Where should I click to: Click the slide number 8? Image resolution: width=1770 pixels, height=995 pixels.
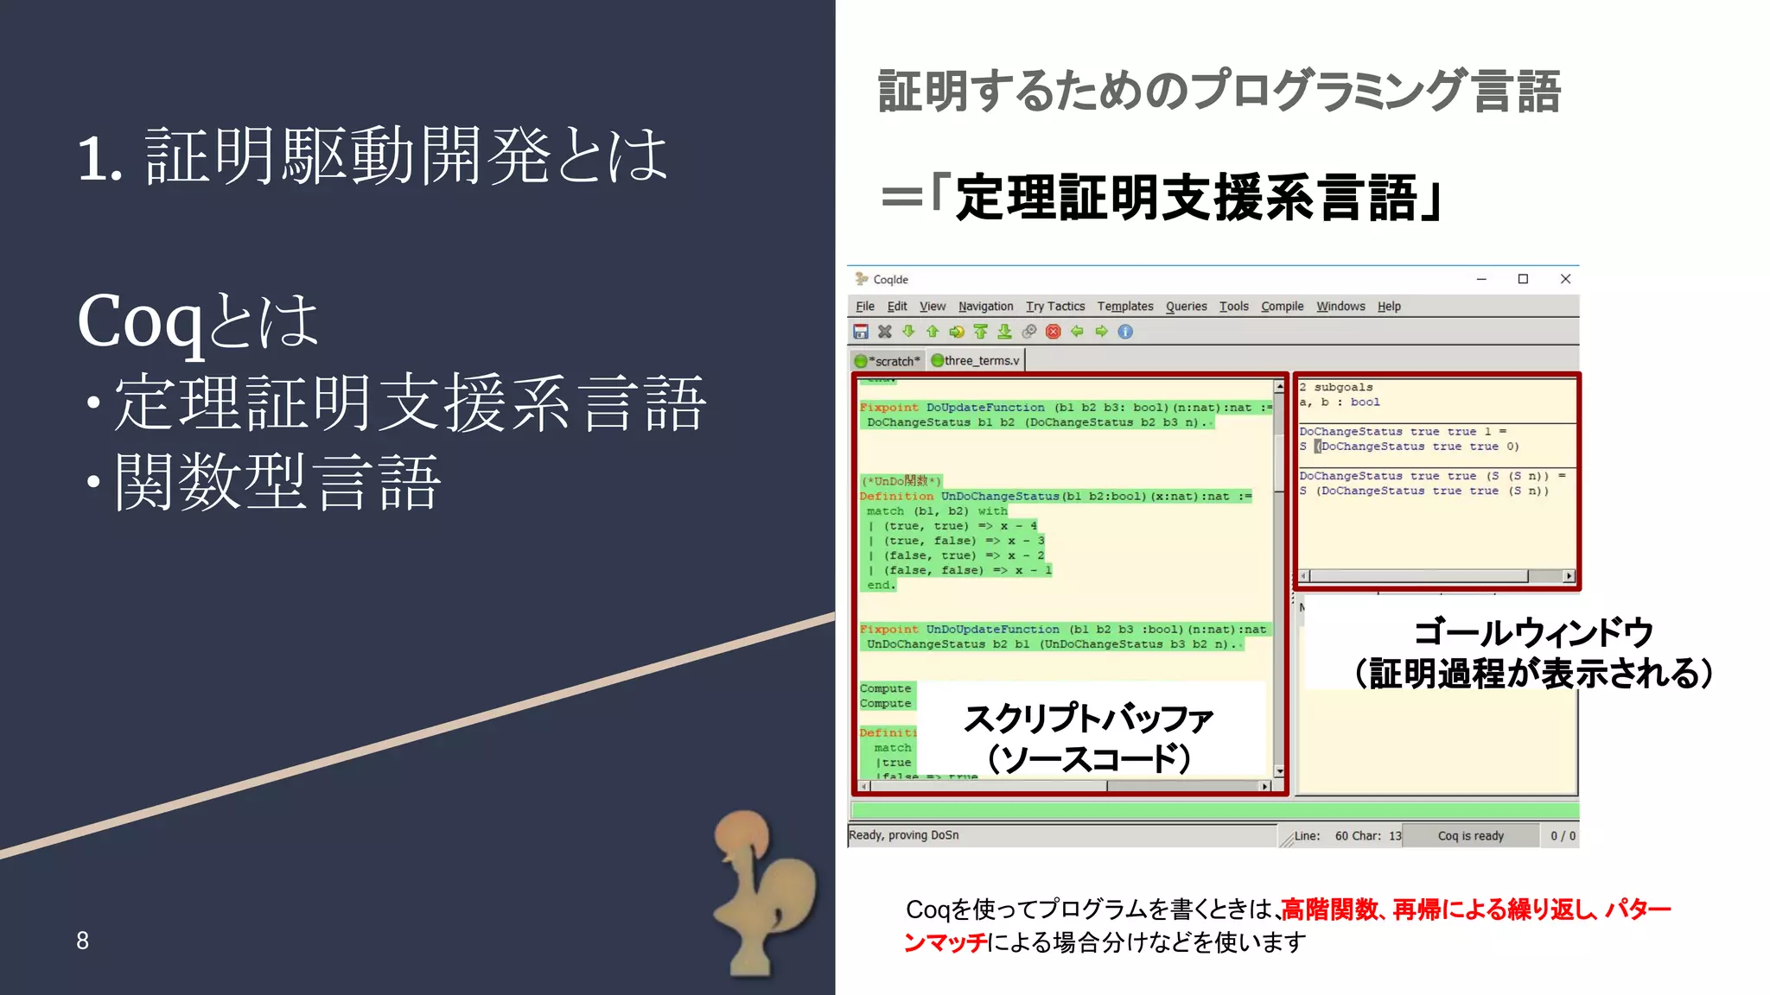coord(82,941)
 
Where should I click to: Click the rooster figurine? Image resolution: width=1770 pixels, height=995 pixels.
coord(761,890)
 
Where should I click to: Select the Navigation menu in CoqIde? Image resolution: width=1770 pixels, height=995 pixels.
coord(985,307)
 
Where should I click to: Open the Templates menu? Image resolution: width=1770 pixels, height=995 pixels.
coord(1124,307)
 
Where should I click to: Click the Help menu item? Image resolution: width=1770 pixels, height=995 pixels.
coord(1388,307)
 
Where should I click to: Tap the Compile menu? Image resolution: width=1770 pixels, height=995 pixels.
coord(1282,307)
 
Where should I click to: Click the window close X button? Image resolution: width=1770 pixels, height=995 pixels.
coord(1565,279)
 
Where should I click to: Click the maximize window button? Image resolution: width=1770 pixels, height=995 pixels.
coord(1523,279)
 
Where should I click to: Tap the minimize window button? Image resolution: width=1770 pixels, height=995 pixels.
coord(1481,279)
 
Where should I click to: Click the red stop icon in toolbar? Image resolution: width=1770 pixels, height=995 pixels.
coord(1053,332)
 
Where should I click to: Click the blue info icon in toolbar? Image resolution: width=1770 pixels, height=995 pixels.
coord(1125,332)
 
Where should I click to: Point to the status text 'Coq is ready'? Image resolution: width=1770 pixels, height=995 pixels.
coord(1470,836)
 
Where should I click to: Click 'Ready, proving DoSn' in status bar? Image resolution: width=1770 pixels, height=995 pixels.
coord(903,835)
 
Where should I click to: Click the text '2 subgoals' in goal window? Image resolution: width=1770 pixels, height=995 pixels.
coord(1336,388)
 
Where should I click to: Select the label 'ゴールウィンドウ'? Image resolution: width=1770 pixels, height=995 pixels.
coord(1533,633)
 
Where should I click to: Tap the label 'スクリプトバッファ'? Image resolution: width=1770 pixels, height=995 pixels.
coord(1089,719)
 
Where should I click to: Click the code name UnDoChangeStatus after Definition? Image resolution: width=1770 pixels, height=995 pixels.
coord(999,497)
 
